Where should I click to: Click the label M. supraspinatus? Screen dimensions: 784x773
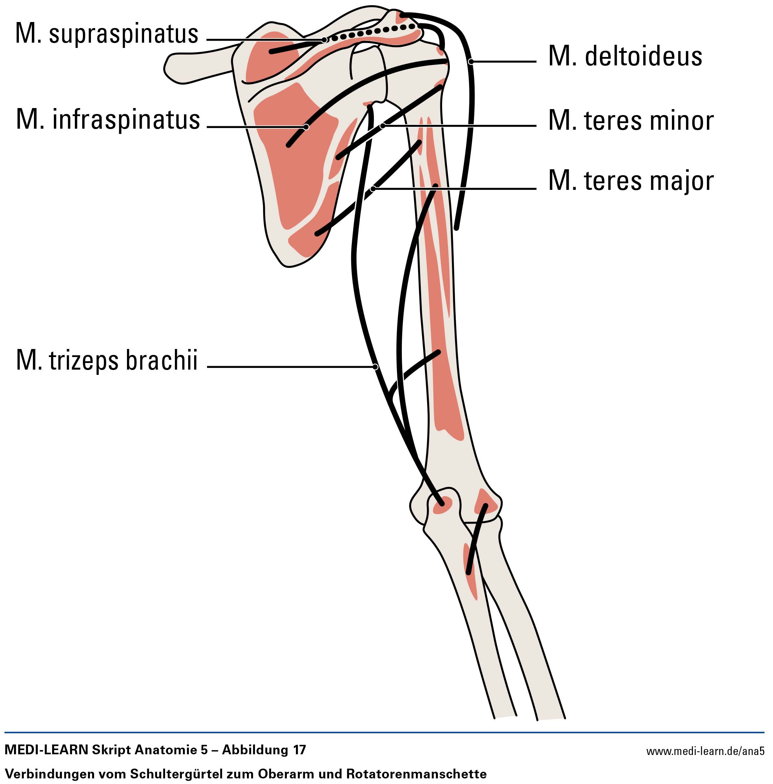107,34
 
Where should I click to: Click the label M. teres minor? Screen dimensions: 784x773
631,121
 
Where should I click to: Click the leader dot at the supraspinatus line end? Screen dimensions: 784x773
324,40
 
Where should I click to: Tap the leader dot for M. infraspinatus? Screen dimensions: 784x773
306,127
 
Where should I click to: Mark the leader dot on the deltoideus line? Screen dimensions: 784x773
471,62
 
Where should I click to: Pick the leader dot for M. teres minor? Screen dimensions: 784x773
382,126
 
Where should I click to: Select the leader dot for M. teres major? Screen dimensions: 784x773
373,189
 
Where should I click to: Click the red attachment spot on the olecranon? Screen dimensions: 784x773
442,505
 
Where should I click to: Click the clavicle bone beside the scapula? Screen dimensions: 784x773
195,67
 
